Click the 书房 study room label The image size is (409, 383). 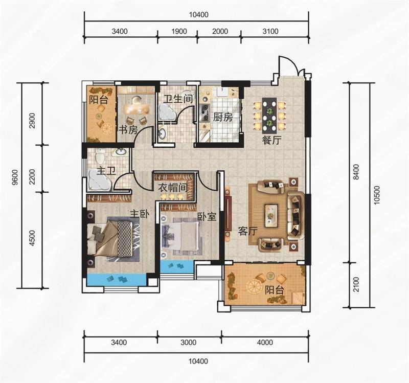point(128,130)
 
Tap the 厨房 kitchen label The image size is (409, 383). point(222,118)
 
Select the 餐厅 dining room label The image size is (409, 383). point(271,140)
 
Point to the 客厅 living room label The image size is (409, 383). point(248,231)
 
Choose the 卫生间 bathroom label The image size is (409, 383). point(178,99)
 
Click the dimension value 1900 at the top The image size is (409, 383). point(179,32)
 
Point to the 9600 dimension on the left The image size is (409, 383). point(15,177)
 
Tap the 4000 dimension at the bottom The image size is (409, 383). point(265,342)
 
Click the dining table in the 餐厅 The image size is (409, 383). point(269,115)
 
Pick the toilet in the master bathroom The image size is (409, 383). point(100,156)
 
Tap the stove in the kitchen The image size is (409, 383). point(204,112)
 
